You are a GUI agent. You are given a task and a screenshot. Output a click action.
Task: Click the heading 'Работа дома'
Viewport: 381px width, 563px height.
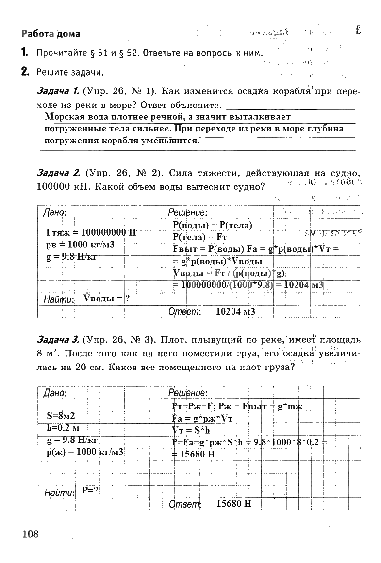pos(50,34)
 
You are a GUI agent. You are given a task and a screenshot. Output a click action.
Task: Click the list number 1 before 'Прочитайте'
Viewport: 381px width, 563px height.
pos(24,53)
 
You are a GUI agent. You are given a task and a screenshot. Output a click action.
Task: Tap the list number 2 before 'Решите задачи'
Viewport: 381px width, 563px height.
pos(24,72)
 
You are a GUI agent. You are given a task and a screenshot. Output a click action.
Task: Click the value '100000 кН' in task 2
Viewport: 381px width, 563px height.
pos(60,186)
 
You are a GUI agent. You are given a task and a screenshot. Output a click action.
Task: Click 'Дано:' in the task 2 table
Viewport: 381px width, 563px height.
pos(55,212)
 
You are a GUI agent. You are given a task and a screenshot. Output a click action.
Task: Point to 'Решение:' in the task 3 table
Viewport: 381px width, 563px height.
pos(188,392)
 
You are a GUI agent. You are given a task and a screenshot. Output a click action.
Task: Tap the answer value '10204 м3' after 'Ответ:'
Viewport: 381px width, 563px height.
pos(235,311)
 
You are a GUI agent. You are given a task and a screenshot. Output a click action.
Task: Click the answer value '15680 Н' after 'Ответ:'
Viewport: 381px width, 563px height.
pos(234,503)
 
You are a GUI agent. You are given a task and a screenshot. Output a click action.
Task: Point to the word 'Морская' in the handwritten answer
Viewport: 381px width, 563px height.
pos(62,117)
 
